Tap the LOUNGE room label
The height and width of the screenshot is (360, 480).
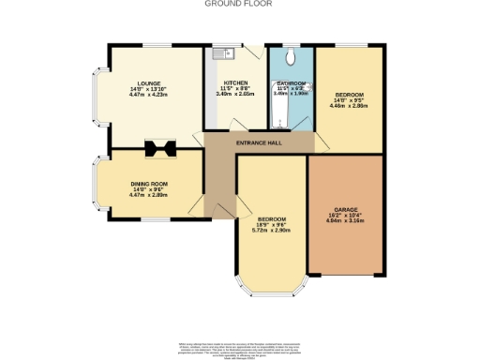[147, 82]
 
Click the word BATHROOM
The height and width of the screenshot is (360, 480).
[291, 82]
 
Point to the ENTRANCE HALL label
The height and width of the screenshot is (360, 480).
[260, 141]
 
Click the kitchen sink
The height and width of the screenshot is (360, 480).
[218, 54]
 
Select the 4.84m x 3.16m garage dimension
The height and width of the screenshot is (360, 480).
[346, 221]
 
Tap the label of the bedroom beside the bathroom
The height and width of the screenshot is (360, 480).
[348, 95]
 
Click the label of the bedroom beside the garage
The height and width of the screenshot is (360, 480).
[271, 219]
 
